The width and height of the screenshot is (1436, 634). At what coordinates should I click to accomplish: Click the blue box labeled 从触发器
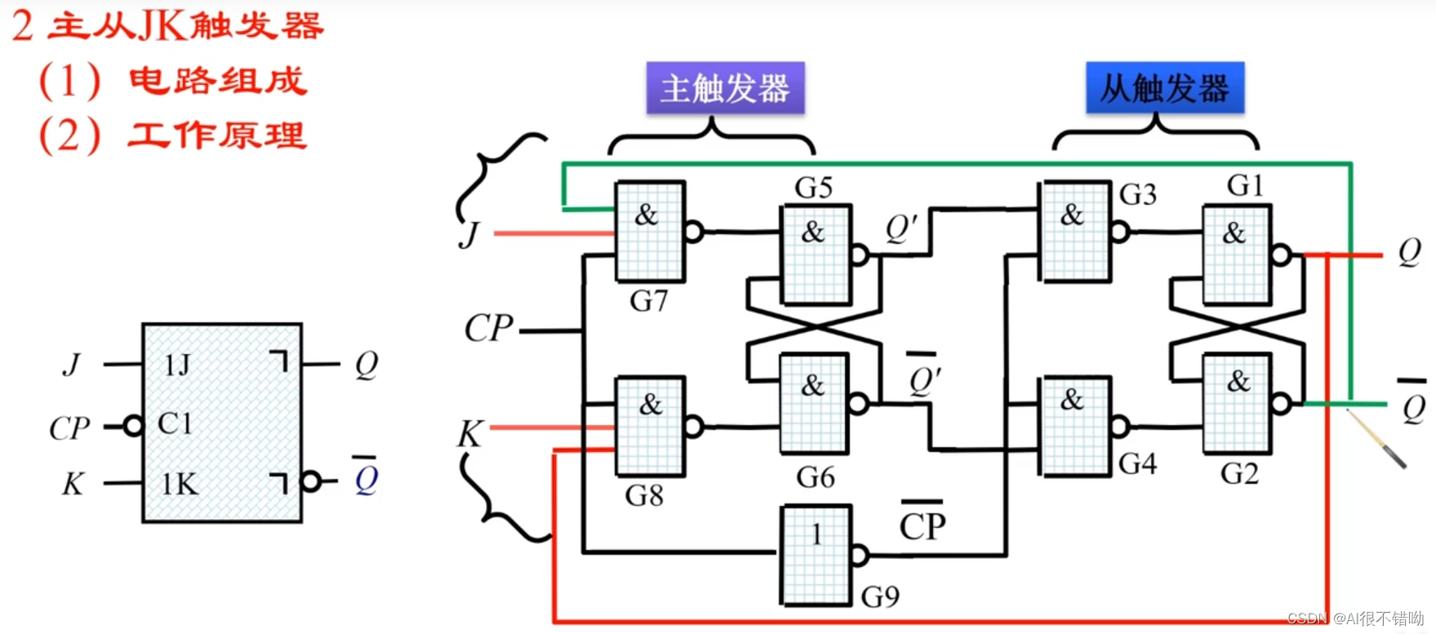click(x=1164, y=87)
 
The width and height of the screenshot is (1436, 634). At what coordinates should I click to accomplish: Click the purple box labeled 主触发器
click(x=725, y=88)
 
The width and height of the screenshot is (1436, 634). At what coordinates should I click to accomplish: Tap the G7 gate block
click(x=650, y=231)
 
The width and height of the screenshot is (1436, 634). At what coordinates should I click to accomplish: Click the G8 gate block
click(x=650, y=425)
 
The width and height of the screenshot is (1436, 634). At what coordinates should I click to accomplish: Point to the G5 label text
click(x=813, y=188)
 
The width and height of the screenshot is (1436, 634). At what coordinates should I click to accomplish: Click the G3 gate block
click(x=1074, y=232)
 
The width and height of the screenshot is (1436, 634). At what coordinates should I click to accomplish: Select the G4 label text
click(x=1137, y=463)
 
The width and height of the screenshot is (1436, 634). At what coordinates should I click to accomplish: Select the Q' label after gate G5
click(x=902, y=229)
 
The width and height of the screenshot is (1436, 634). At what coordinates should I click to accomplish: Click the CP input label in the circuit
click(x=488, y=329)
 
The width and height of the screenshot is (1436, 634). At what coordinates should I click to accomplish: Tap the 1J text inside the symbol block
click(x=177, y=364)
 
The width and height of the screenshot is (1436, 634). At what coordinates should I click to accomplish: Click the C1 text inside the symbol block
click(x=175, y=423)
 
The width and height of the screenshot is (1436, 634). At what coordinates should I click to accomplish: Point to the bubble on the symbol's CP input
click(x=133, y=425)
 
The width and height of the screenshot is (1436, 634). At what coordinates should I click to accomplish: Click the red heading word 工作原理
click(x=217, y=135)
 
